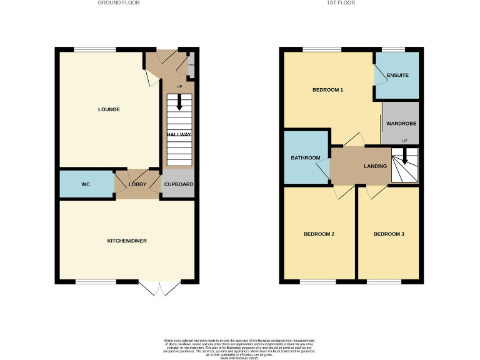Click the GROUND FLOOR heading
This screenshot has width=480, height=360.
pos(119,3)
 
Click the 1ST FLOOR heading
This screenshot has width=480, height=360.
pos(341,3)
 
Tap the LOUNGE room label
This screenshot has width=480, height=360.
pos(109,110)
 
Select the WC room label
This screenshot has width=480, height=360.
pos(86,185)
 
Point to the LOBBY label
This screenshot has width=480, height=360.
pos(137,185)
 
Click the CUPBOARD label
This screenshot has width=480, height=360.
pos(179,185)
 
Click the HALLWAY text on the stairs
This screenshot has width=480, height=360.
pos(179,134)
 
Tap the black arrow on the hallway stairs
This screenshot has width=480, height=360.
pos(179,102)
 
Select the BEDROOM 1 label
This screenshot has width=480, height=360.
pos(328,90)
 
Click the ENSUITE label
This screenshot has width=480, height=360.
pos(398,76)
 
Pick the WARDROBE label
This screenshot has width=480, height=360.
pos(401,124)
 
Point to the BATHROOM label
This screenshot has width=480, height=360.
pos(306,158)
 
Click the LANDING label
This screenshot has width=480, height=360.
pos(376,166)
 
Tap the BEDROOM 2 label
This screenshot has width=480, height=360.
pos(319,234)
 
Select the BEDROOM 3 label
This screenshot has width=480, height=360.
pos(389,234)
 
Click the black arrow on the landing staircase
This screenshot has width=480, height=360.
pos(404,156)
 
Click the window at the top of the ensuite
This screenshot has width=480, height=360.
pos(392,49)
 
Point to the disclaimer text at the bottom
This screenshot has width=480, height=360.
pos(239,347)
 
